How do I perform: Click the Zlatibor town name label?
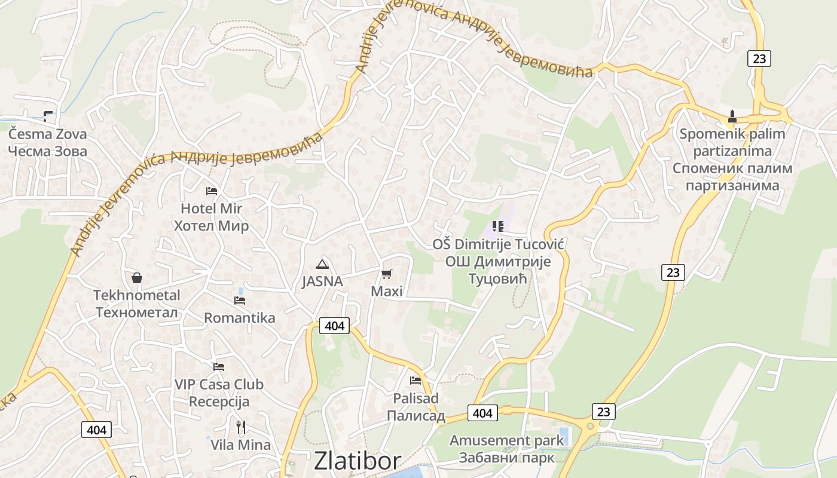[358, 461]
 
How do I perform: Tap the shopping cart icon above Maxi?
[387, 274]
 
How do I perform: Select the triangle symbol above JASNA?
[322, 264]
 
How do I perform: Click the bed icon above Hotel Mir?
[211, 191]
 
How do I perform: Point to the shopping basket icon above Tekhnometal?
[137, 278]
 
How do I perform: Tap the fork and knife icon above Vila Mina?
[240, 427]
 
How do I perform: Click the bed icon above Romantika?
[240, 300]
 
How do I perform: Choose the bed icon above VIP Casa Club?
[219, 367]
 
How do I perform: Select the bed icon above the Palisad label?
[416, 381]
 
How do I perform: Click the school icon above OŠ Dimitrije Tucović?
[498, 226]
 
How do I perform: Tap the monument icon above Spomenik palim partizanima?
[732, 115]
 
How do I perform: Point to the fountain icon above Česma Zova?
[48, 117]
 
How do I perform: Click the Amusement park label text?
[506, 441]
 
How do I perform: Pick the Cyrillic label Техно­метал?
[137, 312]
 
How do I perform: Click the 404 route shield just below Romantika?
[334, 326]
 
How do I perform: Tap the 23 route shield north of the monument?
[759, 59]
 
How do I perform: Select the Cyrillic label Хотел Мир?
[211, 226]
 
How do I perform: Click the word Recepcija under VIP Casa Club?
[219, 401]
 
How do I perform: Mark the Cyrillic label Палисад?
[416, 415]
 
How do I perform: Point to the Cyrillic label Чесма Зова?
[48, 151]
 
